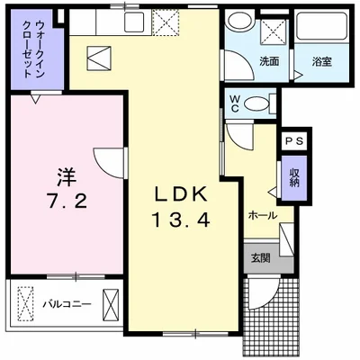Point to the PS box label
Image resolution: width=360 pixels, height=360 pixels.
point(293,142)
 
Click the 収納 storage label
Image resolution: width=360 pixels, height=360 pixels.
point(294,175)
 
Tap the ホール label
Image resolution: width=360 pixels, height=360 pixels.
point(261,216)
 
